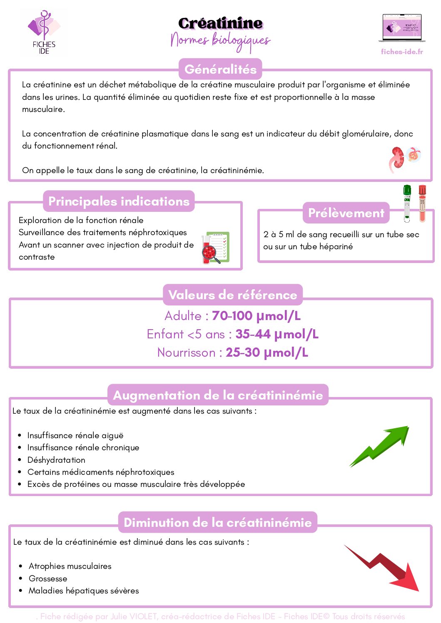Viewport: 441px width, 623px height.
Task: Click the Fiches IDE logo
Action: pos(44,32)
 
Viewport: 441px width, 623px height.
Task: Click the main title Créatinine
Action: pos(220,23)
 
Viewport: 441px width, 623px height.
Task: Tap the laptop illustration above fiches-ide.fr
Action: pos(402,28)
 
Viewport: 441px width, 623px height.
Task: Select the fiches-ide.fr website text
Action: pos(402,52)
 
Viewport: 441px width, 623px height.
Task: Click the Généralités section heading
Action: pos(220,69)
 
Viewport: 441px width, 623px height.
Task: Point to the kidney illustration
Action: pos(397,159)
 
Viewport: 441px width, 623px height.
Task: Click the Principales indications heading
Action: pos(119,201)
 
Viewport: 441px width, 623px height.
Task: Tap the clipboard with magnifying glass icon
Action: pos(216,248)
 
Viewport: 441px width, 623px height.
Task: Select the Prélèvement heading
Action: pos(346,213)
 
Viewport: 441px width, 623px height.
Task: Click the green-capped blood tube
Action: pos(407,203)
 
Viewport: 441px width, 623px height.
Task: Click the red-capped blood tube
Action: pos(422,203)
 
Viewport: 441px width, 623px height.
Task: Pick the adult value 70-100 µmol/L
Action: pos(256,316)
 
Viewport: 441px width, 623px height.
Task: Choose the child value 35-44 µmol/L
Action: pos(277,334)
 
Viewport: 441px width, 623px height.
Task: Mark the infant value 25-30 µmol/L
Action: pos(267,352)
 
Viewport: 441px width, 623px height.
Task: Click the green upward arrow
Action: pos(379,446)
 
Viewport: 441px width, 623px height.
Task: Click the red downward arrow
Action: pos(384,568)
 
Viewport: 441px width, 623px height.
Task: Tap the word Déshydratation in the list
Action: pos(56,460)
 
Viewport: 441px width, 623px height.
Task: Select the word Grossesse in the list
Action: pos(48,578)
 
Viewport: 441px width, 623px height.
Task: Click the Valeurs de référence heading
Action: pos(232,295)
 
